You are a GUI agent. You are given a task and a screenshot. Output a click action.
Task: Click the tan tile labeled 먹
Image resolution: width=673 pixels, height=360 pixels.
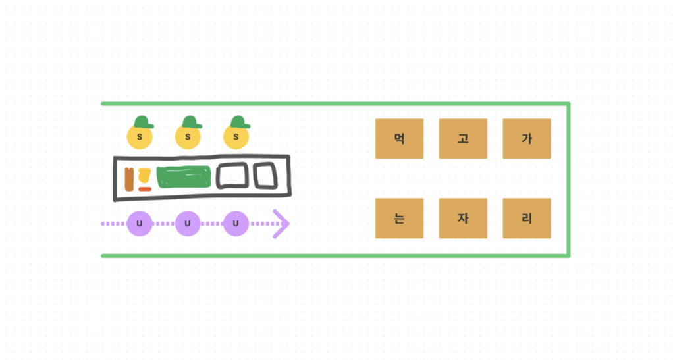pyautogui.click(x=399, y=139)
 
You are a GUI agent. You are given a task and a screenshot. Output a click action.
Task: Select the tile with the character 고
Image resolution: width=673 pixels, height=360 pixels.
pyautogui.click(x=463, y=139)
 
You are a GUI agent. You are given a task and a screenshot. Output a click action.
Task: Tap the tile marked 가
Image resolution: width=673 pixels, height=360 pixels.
pyautogui.click(x=526, y=139)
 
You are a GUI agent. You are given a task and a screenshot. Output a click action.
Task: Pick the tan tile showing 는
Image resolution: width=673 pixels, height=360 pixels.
pyautogui.click(x=399, y=219)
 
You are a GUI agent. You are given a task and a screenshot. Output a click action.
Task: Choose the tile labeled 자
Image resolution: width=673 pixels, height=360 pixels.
pyautogui.click(x=463, y=219)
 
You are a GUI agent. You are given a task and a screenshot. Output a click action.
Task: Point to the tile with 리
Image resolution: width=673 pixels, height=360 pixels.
pyautogui.click(x=526, y=219)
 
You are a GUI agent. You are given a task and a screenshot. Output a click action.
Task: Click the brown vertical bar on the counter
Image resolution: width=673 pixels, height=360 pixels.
pyautogui.click(x=130, y=179)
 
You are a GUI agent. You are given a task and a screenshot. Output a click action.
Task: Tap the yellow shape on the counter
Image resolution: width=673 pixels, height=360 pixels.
pyautogui.click(x=145, y=176)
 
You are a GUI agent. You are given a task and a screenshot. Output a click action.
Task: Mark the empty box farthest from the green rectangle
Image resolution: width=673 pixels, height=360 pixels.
pyautogui.click(x=267, y=176)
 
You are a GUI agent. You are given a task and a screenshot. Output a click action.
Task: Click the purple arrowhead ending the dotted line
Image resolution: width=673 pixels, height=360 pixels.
pyautogui.click(x=281, y=224)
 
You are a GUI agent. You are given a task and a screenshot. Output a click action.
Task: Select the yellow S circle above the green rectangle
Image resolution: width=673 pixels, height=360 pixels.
pyautogui.click(x=188, y=137)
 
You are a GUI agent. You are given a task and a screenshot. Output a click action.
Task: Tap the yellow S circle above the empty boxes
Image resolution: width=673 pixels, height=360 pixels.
pyautogui.click(x=236, y=137)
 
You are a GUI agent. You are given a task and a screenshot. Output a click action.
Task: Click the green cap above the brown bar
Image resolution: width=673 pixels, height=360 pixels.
pyautogui.click(x=143, y=122)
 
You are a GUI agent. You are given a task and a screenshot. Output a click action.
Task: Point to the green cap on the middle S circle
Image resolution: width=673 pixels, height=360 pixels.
pyautogui.click(x=192, y=122)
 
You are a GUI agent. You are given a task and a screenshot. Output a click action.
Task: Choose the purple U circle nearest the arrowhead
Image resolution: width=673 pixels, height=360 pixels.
pyautogui.click(x=236, y=224)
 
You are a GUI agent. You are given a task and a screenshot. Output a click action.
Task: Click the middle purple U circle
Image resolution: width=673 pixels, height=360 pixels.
pyautogui.click(x=188, y=224)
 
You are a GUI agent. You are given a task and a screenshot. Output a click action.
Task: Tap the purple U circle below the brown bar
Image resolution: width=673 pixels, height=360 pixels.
pyautogui.click(x=139, y=224)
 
